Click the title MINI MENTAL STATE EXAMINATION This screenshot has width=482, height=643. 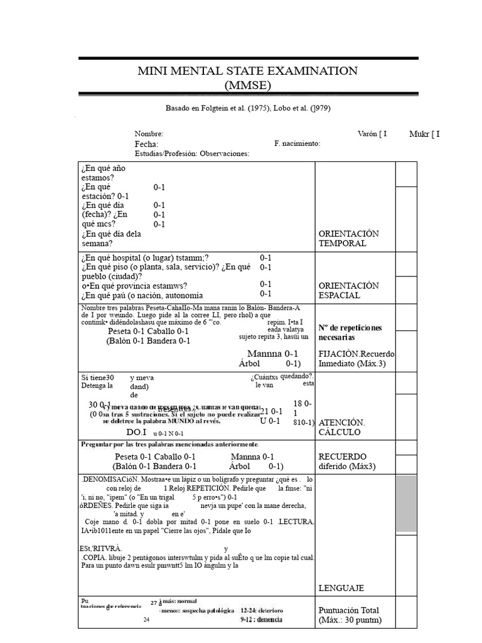tap(247, 71)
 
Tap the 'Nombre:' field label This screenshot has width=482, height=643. tap(149, 134)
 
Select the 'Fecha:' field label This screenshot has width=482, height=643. tap(147, 144)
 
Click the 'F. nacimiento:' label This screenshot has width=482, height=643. tap(297, 143)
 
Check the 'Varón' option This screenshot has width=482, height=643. tap(372, 134)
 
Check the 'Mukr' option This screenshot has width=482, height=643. tap(424, 134)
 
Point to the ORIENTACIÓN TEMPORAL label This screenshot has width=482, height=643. tap(348, 238)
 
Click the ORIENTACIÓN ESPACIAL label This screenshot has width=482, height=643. tap(348, 290)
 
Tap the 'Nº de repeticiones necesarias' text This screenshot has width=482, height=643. tap(350, 332)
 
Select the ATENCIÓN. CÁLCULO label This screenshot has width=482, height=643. tap(343, 427)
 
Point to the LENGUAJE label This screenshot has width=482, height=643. tap(341, 588)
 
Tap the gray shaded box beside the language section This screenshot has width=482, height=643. tap(405, 504)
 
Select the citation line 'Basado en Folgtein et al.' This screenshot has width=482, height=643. tap(247, 108)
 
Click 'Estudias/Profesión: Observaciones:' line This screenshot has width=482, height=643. tap(191, 153)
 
